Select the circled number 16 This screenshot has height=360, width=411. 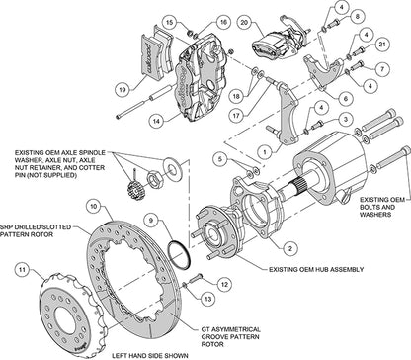coord(198,22)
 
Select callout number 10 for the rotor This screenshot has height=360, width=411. coord(92,206)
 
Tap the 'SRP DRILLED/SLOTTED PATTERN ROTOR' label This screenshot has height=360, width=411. coord(30,234)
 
